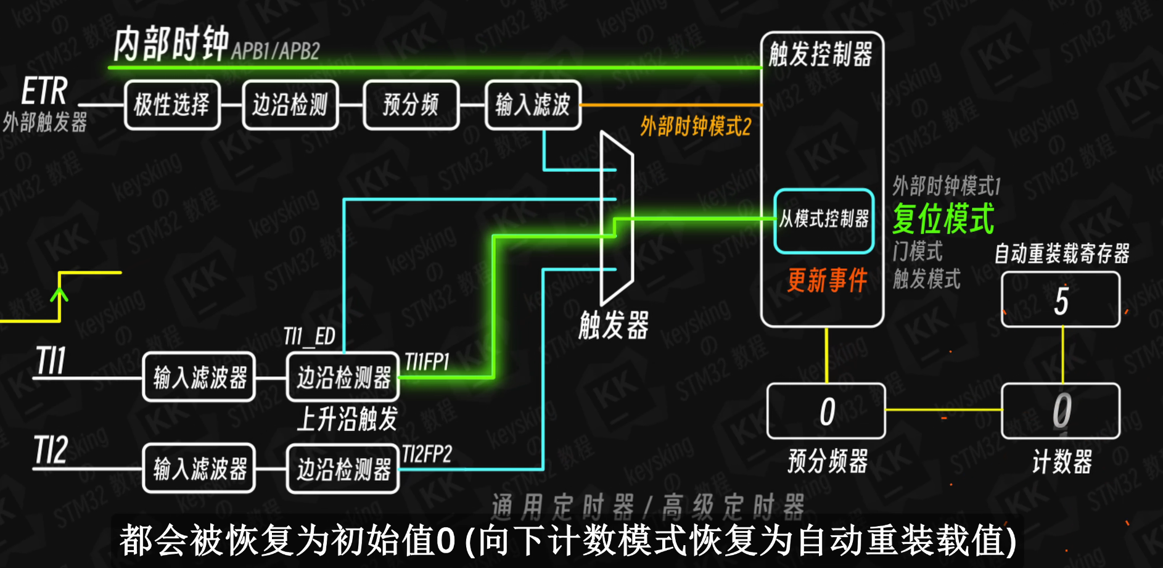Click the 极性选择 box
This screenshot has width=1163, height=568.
pyautogui.click(x=172, y=105)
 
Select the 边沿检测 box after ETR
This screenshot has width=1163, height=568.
pyautogui.click(x=290, y=105)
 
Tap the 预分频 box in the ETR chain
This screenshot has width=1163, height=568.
pyautogui.click(x=411, y=105)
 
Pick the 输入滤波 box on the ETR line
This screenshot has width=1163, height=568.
pyautogui.click(x=533, y=105)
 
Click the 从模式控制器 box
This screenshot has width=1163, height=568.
pyautogui.click(x=824, y=220)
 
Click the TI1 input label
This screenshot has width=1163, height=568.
pyautogui.click(x=51, y=360)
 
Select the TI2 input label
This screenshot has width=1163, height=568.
pyautogui.click(x=51, y=450)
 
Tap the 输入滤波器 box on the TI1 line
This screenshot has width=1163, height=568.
pyautogui.click(x=199, y=377)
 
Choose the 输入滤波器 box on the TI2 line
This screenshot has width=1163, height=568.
pyautogui.click(x=199, y=468)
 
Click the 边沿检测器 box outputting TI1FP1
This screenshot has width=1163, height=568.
pyautogui.click(x=343, y=377)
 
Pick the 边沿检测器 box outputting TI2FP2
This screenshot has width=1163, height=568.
pyautogui.click(x=343, y=468)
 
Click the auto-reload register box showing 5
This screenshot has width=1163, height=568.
pyautogui.click(x=1061, y=300)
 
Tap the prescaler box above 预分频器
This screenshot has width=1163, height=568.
pyautogui.click(x=826, y=411)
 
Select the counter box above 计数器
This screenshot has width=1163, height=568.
pyautogui.click(x=1061, y=411)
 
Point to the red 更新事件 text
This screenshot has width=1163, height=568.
pyautogui.click(x=827, y=281)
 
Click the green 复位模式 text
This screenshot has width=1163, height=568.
pyautogui.click(x=943, y=219)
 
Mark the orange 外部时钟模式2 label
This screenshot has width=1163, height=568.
pyautogui.click(x=696, y=127)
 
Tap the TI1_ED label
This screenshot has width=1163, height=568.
pyautogui.click(x=309, y=337)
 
